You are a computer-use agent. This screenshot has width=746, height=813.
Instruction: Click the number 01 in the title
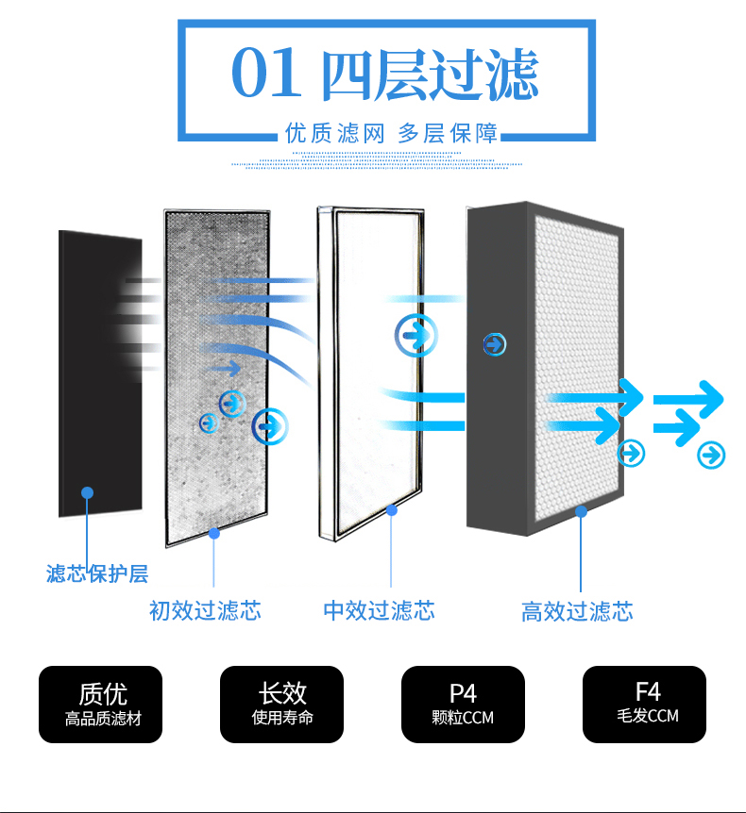265,74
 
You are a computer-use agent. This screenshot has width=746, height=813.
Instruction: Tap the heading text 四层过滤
431,75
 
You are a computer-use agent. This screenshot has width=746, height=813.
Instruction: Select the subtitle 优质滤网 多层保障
391,133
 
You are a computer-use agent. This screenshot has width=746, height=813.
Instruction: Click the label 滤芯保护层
97,573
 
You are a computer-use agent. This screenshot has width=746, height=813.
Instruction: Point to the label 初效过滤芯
205,611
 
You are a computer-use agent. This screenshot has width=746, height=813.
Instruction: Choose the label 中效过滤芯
379,611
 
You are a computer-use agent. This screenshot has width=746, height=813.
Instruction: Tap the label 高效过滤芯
577,612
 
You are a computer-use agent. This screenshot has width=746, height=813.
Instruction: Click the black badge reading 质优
101,705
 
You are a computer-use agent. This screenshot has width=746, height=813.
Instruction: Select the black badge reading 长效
282,705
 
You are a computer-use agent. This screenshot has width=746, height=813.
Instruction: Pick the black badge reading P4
463,705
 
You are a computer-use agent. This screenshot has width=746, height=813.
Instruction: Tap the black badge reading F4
644,705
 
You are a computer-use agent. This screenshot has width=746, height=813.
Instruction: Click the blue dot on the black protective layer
87,492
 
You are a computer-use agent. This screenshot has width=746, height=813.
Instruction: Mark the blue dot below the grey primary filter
213,533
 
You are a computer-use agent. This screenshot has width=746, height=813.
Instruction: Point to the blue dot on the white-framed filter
392,510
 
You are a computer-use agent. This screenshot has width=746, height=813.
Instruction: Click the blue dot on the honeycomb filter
582,512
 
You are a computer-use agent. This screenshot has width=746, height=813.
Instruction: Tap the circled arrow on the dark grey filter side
495,344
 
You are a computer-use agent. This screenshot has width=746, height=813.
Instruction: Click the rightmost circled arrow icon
711,456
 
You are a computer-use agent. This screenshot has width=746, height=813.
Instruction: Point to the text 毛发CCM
648,716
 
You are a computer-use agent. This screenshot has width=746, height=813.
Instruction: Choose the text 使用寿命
282,717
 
